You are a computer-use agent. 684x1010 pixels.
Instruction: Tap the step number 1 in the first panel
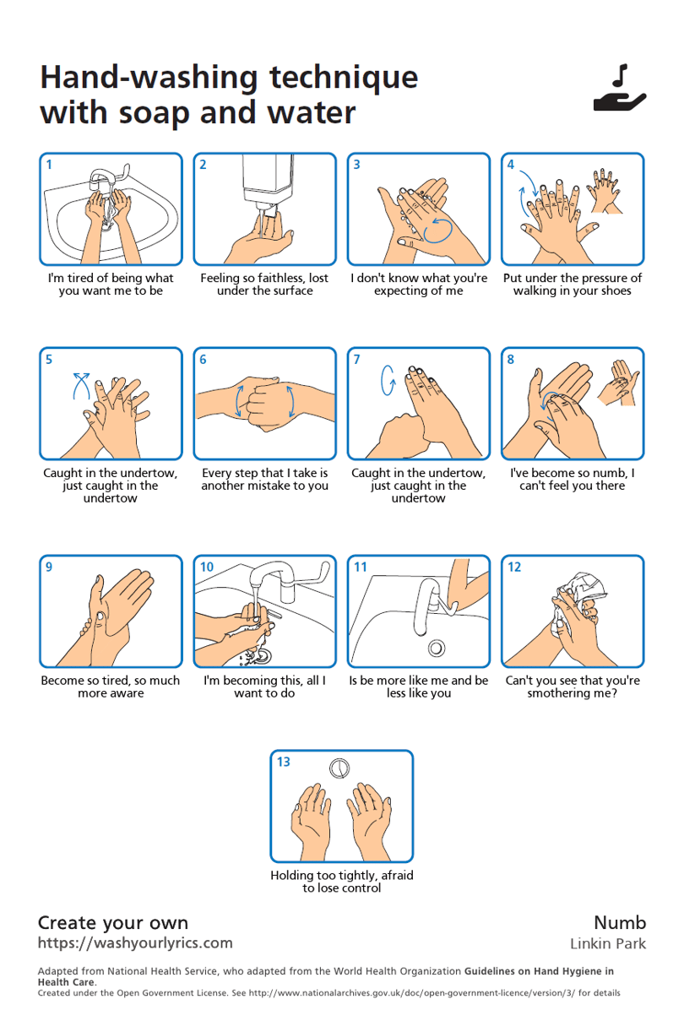point(49,165)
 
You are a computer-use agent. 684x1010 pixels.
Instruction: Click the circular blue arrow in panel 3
point(438,230)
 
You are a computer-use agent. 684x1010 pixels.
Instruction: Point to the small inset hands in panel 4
point(604,190)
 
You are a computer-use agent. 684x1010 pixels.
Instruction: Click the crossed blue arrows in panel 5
point(82,385)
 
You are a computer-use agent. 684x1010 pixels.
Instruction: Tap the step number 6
point(203,360)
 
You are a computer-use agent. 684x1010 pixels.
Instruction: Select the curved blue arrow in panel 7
point(388,380)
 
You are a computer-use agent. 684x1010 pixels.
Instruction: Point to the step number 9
point(49,567)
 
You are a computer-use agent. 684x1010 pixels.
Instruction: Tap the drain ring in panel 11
point(437,648)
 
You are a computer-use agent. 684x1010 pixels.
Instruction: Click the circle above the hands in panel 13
point(339,768)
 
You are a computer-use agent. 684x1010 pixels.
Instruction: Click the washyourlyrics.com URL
point(135,943)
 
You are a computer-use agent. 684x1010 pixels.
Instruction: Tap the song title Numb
point(620,922)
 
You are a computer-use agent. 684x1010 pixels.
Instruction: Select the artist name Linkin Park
point(608,943)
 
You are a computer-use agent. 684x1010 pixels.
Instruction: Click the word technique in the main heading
point(344,78)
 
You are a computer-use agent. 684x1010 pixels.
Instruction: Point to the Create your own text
point(112,923)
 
